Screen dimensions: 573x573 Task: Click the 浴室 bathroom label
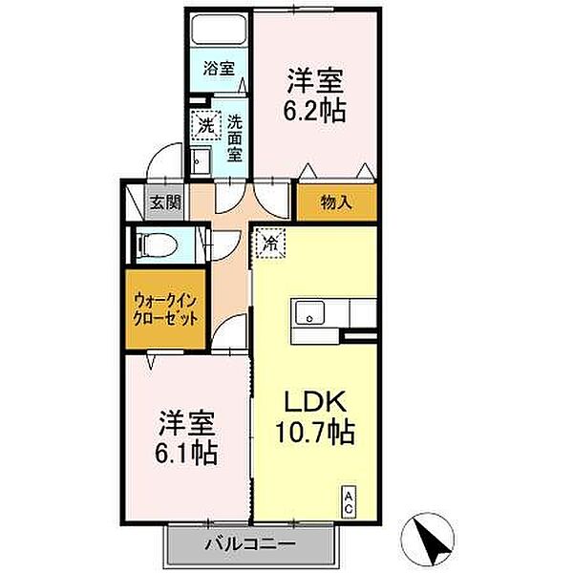218,68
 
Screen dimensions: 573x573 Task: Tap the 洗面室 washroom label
234,138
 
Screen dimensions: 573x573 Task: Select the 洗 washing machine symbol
204,124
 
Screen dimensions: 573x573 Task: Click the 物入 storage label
335,202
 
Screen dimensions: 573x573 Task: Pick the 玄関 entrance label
164,202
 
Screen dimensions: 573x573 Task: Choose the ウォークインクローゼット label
164,309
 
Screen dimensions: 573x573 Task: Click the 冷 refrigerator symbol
269,244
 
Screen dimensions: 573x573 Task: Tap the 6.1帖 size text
188,450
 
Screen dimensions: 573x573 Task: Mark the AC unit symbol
349,502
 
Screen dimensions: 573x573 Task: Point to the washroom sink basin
200,161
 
